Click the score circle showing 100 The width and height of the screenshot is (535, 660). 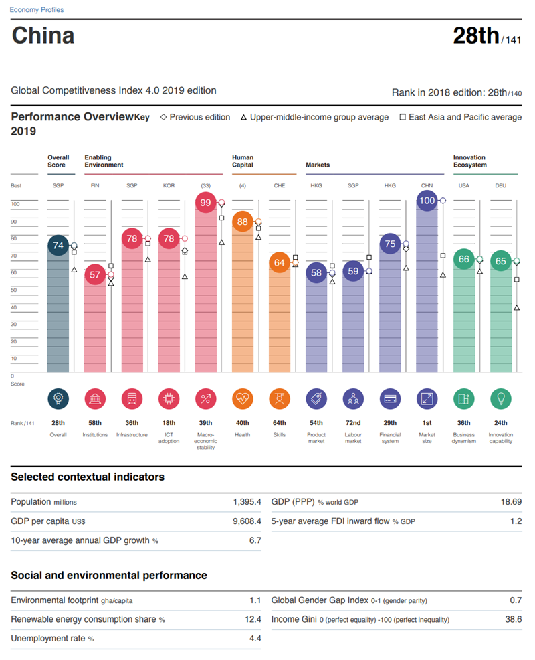click(x=427, y=200)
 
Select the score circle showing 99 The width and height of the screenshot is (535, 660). click(x=206, y=203)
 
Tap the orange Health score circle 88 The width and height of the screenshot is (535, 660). click(x=243, y=222)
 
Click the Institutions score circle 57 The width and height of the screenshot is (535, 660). click(x=95, y=274)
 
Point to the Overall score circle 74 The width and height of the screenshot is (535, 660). click(x=58, y=246)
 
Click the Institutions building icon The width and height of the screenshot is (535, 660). click(x=95, y=399)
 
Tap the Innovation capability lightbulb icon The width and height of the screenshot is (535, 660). click(x=500, y=399)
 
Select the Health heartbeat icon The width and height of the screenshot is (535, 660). click(x=243, y=399)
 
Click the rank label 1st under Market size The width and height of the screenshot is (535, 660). click(x=427, y=423)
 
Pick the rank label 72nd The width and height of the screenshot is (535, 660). click(x=353, y=423)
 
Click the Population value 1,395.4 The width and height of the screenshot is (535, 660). click(x=247, y=502)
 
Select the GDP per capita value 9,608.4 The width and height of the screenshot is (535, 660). click(x=247, y=521)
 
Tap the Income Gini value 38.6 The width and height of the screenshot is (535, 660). click(x=513, y=620)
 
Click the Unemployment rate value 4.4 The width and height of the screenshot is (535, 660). click(x=255, y=639)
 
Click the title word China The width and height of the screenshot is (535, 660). click(x=43, y=35)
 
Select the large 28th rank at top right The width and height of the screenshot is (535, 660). click(x=475, y=35)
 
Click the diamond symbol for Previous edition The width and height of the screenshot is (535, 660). click(x=164, y=117)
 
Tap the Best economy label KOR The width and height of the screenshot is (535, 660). click(x=169, y=185)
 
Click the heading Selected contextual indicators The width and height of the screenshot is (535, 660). click(x=88, y=477)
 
